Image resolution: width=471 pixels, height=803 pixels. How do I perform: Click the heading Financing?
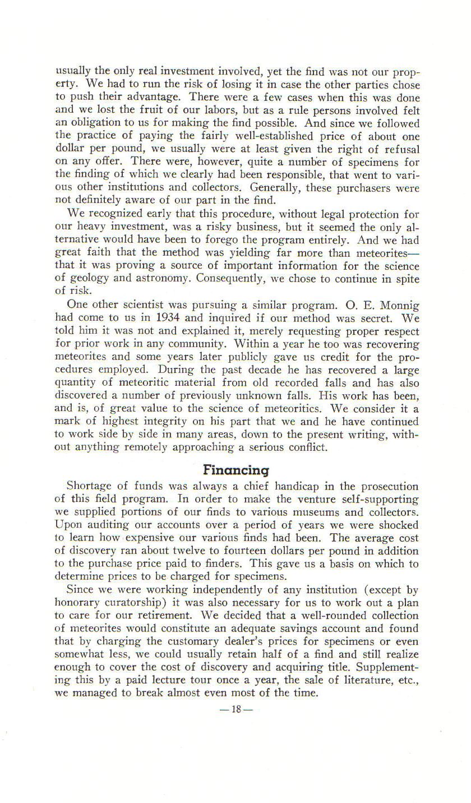pos(236,469)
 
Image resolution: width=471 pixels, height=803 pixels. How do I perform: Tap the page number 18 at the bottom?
pos(235,709)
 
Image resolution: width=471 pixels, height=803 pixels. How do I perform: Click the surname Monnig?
pos(399,306)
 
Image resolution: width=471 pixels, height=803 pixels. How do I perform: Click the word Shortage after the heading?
pos(91,486)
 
